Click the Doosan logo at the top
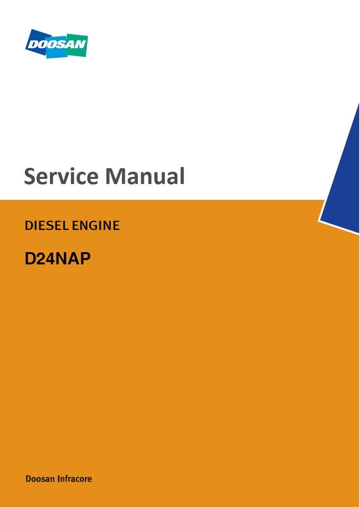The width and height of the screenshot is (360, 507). point(57,44)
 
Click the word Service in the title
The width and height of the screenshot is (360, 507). point(61,176)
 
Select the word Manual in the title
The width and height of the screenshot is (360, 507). point(145,176)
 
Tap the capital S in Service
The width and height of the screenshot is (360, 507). point(30,176)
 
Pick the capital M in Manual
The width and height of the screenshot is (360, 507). point(116,176)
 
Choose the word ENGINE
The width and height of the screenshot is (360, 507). point(96,226)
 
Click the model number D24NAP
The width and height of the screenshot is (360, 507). point(57,258)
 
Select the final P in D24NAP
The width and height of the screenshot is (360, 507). point(85,258)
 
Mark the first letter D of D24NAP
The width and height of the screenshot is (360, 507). point(30,258)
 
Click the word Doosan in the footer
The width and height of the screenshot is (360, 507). point(40,479)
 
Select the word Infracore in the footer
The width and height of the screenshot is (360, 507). point(75,479)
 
